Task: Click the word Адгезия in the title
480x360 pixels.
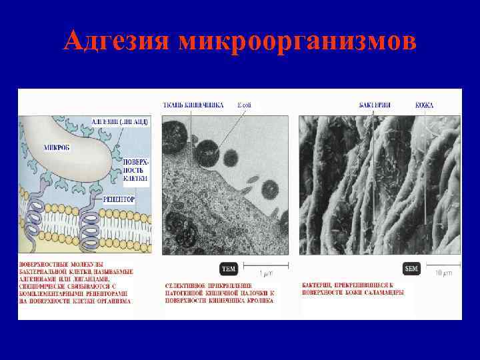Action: (116, 41)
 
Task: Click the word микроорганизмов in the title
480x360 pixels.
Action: (296, 41)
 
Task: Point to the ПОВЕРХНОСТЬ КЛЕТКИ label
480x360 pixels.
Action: (135, 171)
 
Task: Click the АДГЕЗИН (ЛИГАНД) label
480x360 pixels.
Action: (120, 121)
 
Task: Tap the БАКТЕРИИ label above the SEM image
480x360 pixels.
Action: (375, 105)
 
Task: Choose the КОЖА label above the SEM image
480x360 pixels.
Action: (425, 105)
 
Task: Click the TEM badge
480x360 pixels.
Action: (229, 269)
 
